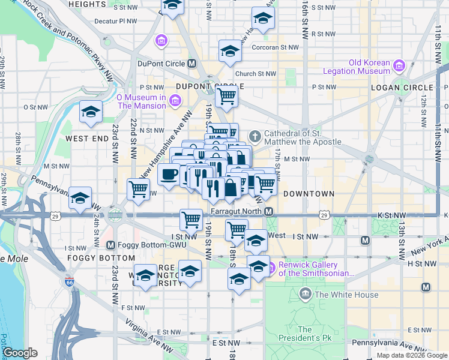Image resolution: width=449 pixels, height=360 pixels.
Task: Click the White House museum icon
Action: click(306, 294)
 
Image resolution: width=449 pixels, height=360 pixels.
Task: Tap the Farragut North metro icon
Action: click(269, 212)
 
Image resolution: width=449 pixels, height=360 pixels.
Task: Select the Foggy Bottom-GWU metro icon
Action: click(110, 245)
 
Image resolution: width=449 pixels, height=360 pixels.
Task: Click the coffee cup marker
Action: click(168, 175)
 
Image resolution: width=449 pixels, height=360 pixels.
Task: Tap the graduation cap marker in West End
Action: click(91, 112)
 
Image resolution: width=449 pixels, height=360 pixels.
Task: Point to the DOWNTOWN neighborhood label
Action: click(308, 194)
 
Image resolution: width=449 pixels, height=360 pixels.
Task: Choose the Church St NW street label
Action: click(256, 74)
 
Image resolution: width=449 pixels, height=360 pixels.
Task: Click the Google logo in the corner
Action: click(20, 353)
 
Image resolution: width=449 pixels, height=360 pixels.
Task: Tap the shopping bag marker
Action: click(231, 188)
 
